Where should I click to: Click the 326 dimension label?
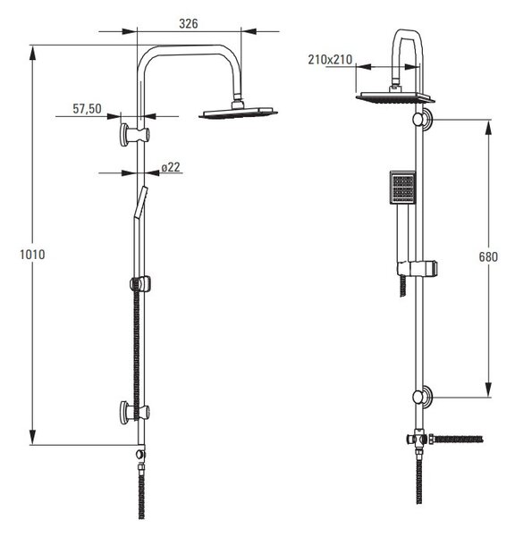click(189, 23)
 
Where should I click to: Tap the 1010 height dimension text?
click(32, 255)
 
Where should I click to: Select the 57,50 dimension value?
click(87, 109)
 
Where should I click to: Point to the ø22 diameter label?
click(171, 167)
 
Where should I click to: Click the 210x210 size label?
click(330, 60)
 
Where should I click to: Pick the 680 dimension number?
click(488, 256)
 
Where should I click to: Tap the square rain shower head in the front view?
click(395, 97)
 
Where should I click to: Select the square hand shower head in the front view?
click(402, 188)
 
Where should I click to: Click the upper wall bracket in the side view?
click(134, 134)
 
